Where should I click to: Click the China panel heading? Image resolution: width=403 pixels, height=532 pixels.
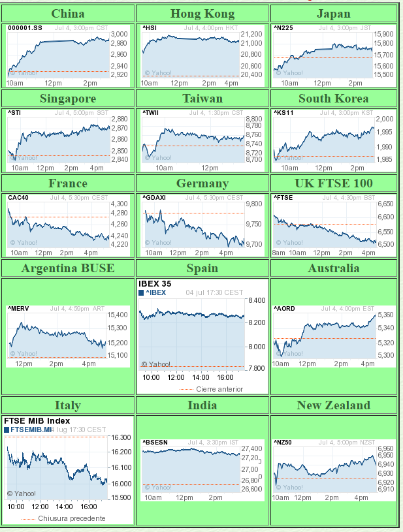[67, 14]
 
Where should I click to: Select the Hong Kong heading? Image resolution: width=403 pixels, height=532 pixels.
[202, 14]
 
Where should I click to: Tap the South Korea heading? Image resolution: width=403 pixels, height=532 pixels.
[333, 99]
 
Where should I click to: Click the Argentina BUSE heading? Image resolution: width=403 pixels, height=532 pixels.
[67, 268]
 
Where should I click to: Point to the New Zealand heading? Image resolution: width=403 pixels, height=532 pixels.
[333, 405]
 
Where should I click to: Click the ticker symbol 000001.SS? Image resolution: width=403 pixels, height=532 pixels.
[25, 28]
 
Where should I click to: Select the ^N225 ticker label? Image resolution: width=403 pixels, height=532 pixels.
[283, 28]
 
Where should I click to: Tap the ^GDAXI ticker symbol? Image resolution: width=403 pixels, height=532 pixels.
[155, 197]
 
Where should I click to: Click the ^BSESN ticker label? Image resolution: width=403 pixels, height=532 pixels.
[155, 443]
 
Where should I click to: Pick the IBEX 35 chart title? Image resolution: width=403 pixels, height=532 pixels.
[155, 284]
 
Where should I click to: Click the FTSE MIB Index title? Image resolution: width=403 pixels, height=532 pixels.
[37, 421]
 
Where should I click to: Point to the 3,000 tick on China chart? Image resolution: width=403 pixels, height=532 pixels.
[120, 34]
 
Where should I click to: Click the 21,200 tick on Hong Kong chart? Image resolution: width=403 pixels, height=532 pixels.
[251, 34]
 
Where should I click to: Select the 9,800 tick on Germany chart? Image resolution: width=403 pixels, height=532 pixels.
[253, 204]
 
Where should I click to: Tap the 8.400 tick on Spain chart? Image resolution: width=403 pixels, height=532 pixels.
[257, 300]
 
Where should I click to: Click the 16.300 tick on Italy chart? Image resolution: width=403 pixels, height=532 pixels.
[122, 438]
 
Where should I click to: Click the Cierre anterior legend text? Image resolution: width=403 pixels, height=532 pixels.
[219, 389]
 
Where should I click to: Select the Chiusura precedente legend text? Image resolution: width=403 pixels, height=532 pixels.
[71, 518]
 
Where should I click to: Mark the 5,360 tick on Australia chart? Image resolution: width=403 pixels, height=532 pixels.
[385, 315]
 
